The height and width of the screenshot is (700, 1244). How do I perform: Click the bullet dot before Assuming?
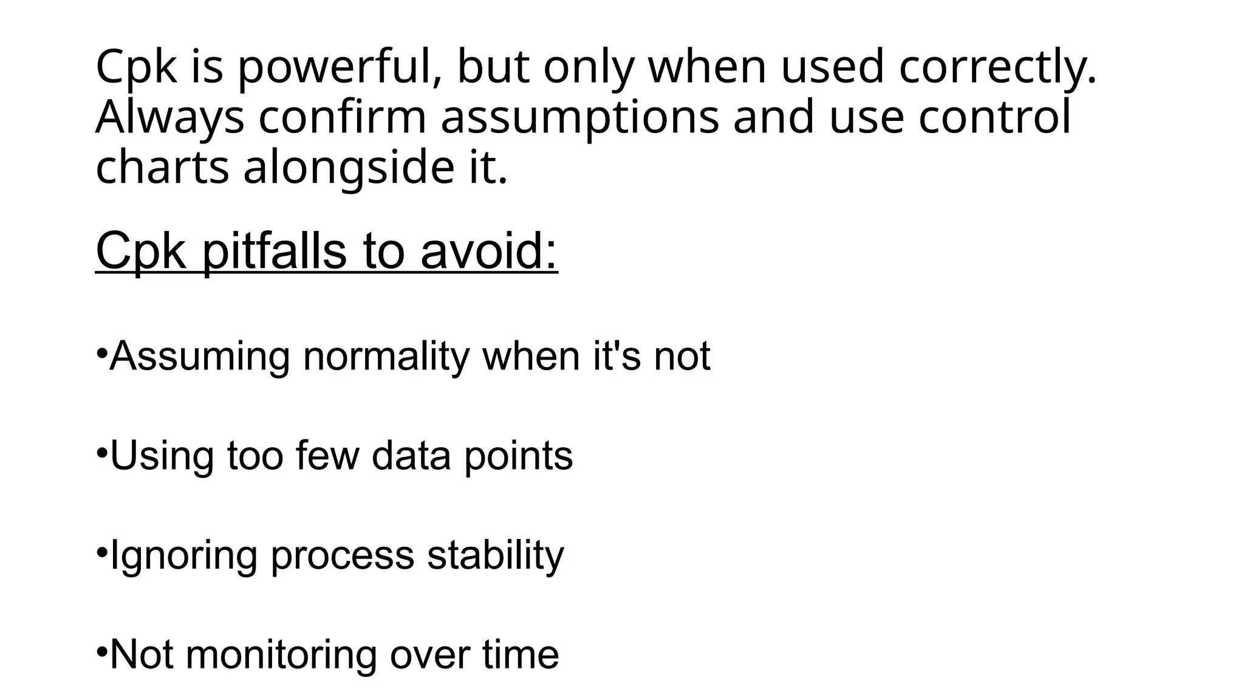click(101, 352)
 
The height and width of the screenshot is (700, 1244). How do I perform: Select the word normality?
click(386, 357)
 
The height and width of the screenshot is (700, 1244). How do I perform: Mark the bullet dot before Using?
click(101, 452)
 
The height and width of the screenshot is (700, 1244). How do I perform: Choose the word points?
click(518, 456)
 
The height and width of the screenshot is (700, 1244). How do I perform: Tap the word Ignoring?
click(184, 556)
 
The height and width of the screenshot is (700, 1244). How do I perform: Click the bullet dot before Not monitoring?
click(101, 651)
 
